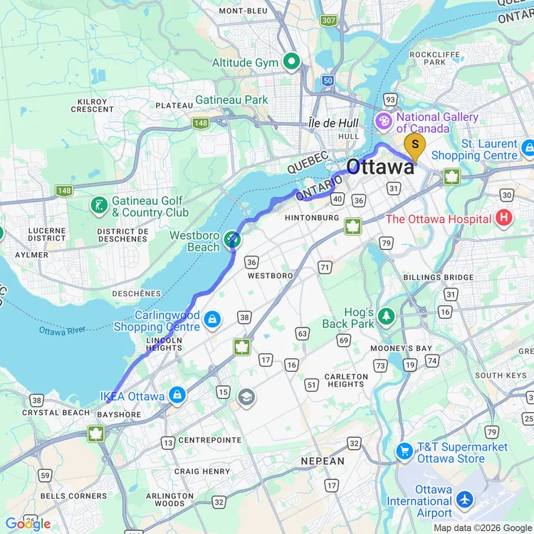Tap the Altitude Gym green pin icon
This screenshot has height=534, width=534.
(x=291, y=63)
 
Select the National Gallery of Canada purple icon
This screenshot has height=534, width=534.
(x=384, y=122)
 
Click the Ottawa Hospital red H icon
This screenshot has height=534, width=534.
(x=504, y=219)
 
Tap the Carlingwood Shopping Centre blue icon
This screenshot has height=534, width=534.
(x=211, y=320)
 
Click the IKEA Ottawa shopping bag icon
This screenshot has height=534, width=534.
(x=177, y=395)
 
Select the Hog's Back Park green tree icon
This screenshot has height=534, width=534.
(x=387, y=315)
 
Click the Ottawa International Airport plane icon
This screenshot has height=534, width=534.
(x=466, y=501)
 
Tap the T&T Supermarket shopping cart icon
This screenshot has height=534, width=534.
(x=404, y=451)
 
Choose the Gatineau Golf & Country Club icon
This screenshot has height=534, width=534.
(x=98, y=206)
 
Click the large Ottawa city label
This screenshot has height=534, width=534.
(x=379, y=168)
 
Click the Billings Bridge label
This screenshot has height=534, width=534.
(x=438, y=277)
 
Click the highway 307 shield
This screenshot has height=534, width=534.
(x=328, y=20)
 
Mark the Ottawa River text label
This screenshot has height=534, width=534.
(x=63, y=331)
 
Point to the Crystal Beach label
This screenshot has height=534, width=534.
(x=56, y=413)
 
